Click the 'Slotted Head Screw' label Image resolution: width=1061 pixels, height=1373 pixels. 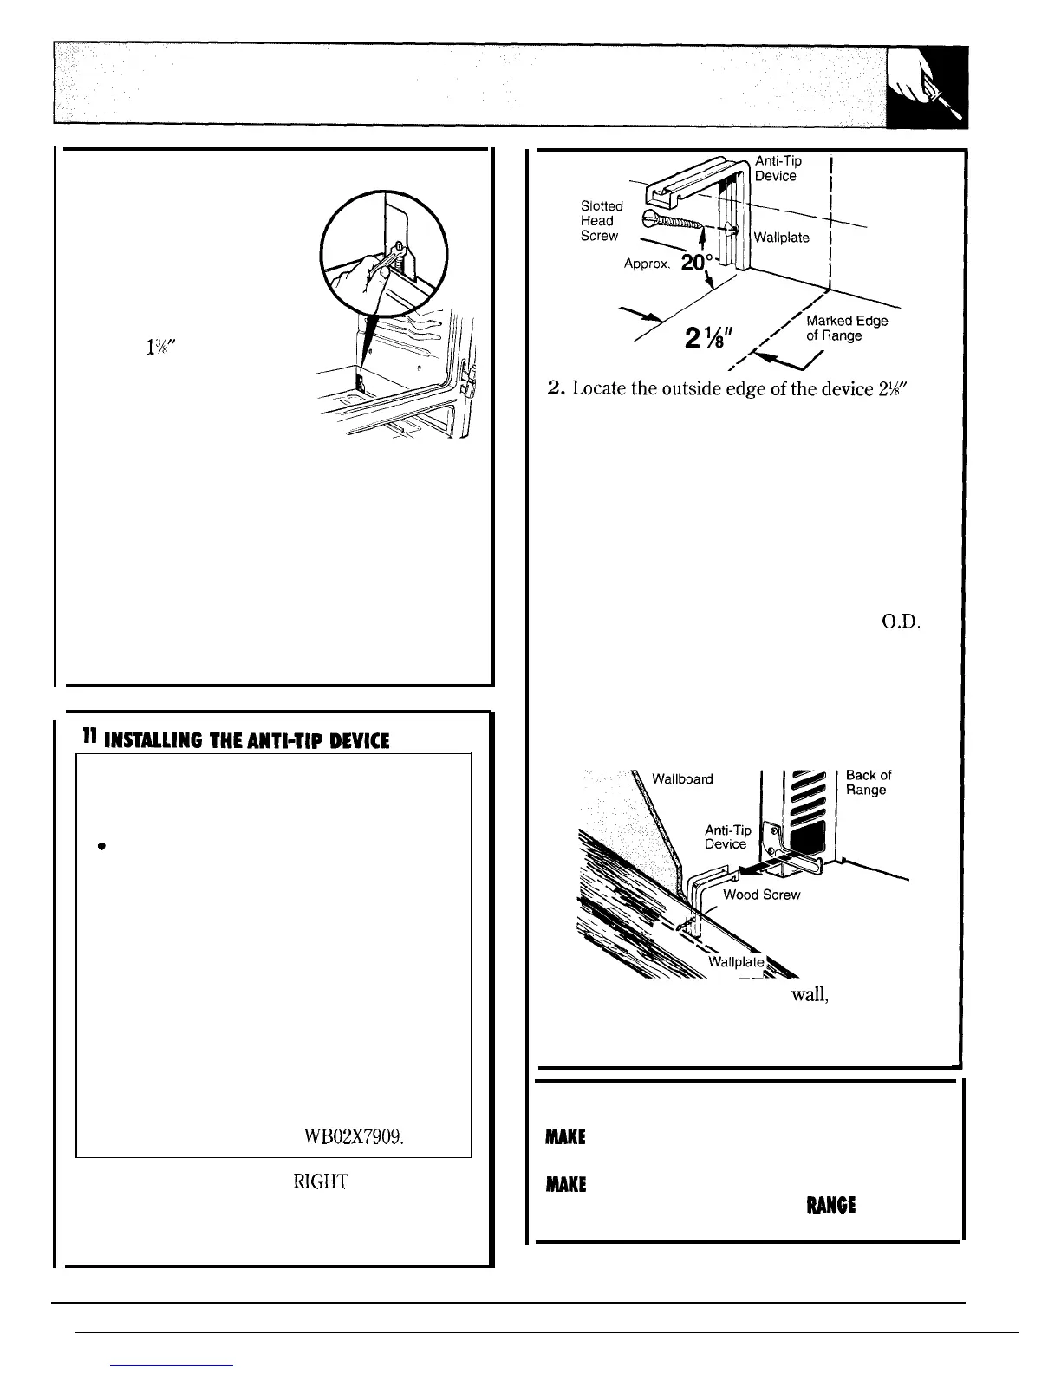(x=601, y=221)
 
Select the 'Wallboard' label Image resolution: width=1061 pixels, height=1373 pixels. (x=682, y=778)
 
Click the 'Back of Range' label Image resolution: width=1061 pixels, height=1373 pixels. (x=868, y=782)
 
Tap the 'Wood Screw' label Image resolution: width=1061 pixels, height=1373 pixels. (x=761, y=895)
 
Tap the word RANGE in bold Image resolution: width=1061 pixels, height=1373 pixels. (x=831, y=1205)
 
